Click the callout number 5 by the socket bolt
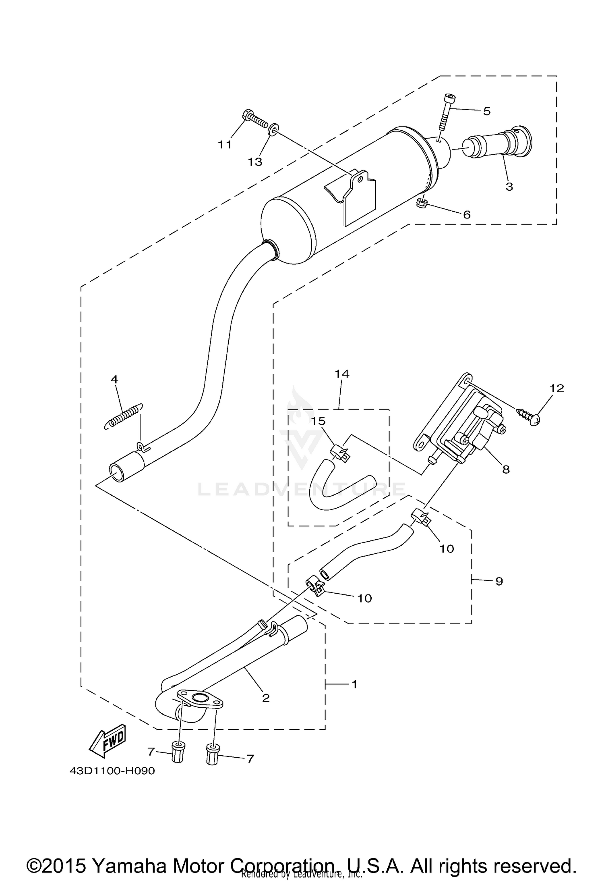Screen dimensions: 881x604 [487, 111]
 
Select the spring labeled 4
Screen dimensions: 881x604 [121, 417]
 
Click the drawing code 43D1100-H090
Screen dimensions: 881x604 [112, 771]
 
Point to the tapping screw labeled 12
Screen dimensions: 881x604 [529, 415]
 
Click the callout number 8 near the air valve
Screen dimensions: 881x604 [506, 469]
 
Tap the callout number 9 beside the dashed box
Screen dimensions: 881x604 [499, 581]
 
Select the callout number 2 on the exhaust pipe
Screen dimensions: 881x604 [265, 698]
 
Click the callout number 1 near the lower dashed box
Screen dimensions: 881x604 [354, 684]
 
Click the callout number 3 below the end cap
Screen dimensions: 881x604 [509, 187]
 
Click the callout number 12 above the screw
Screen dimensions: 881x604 [557, 388]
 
